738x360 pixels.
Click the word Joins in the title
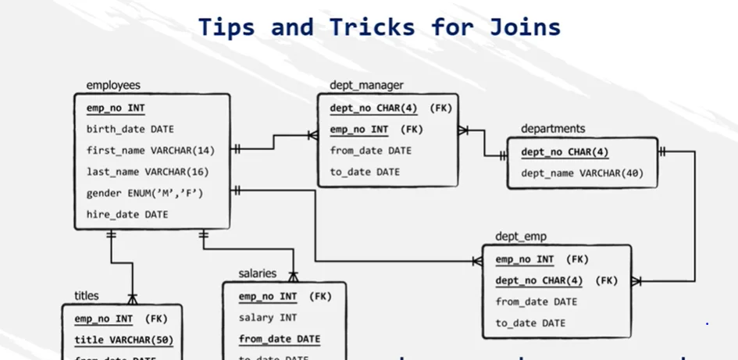point(526,27)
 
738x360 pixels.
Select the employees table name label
point(113,85)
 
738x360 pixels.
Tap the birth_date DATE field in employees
point(130,130)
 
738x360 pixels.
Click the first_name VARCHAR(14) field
point(150,150)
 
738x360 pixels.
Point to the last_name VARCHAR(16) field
point(148,171)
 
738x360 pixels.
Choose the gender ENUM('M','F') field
point(144,192)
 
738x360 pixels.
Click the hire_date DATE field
point(127,213)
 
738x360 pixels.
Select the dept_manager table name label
point(366,85)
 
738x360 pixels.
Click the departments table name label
point(553,128)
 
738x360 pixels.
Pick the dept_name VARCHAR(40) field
point(582,173)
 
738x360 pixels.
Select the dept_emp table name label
point(521,236)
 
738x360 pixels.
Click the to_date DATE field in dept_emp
point(530,323)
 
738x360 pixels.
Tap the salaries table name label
point(257,273)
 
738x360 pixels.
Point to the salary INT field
point(267,318)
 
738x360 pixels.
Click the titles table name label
point(87,295)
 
